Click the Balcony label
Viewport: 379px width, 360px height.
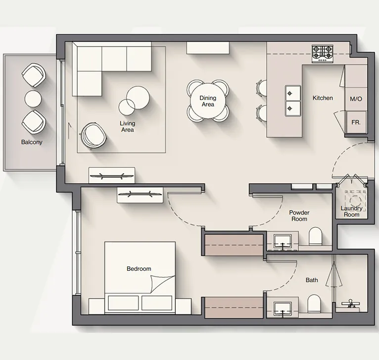32,142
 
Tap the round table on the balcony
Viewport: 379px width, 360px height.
33,98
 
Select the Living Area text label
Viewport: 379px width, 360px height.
127,126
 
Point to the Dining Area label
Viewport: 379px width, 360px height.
208,102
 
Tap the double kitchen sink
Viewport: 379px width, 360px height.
292,100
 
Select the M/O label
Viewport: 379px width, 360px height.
356,99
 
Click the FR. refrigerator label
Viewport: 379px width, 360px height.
356,121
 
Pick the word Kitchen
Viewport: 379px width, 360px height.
323,98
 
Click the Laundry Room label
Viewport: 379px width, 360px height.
352,211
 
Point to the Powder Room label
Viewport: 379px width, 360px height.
299,215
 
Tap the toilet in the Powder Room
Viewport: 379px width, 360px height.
315,237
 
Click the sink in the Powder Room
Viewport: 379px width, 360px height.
284,241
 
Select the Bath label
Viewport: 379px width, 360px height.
312,280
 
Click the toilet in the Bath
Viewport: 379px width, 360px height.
314,303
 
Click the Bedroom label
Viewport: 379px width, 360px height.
139,269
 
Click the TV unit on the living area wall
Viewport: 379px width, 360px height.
111,175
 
